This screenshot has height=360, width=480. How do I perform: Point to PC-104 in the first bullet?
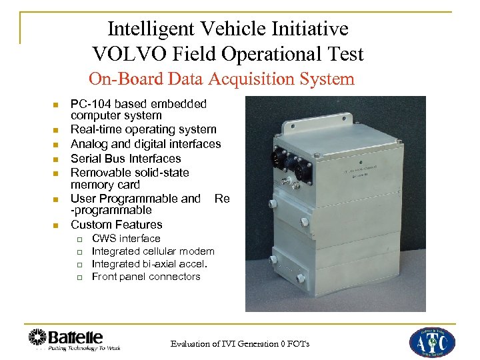(90, 103)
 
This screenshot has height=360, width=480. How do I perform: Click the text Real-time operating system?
(143, 129)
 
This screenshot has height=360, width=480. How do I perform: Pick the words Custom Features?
(116, 225)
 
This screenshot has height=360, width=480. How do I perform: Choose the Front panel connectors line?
(145, 276)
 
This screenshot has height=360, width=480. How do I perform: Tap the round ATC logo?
(431, 341)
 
